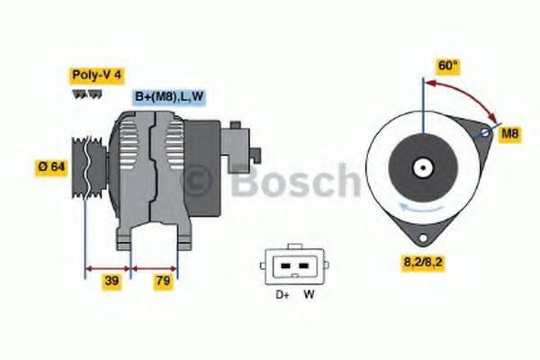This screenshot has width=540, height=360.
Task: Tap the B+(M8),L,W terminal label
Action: pos(168,96)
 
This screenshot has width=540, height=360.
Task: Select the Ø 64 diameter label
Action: pos(51,166)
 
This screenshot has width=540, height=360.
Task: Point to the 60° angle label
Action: pos(447,66)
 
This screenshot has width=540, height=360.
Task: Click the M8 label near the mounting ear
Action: pos(510,134)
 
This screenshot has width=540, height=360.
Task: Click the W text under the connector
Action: pos(309,294)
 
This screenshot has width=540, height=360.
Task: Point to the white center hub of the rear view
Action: pos(420,167)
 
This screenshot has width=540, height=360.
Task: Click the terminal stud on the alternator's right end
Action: pos(256,150)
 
